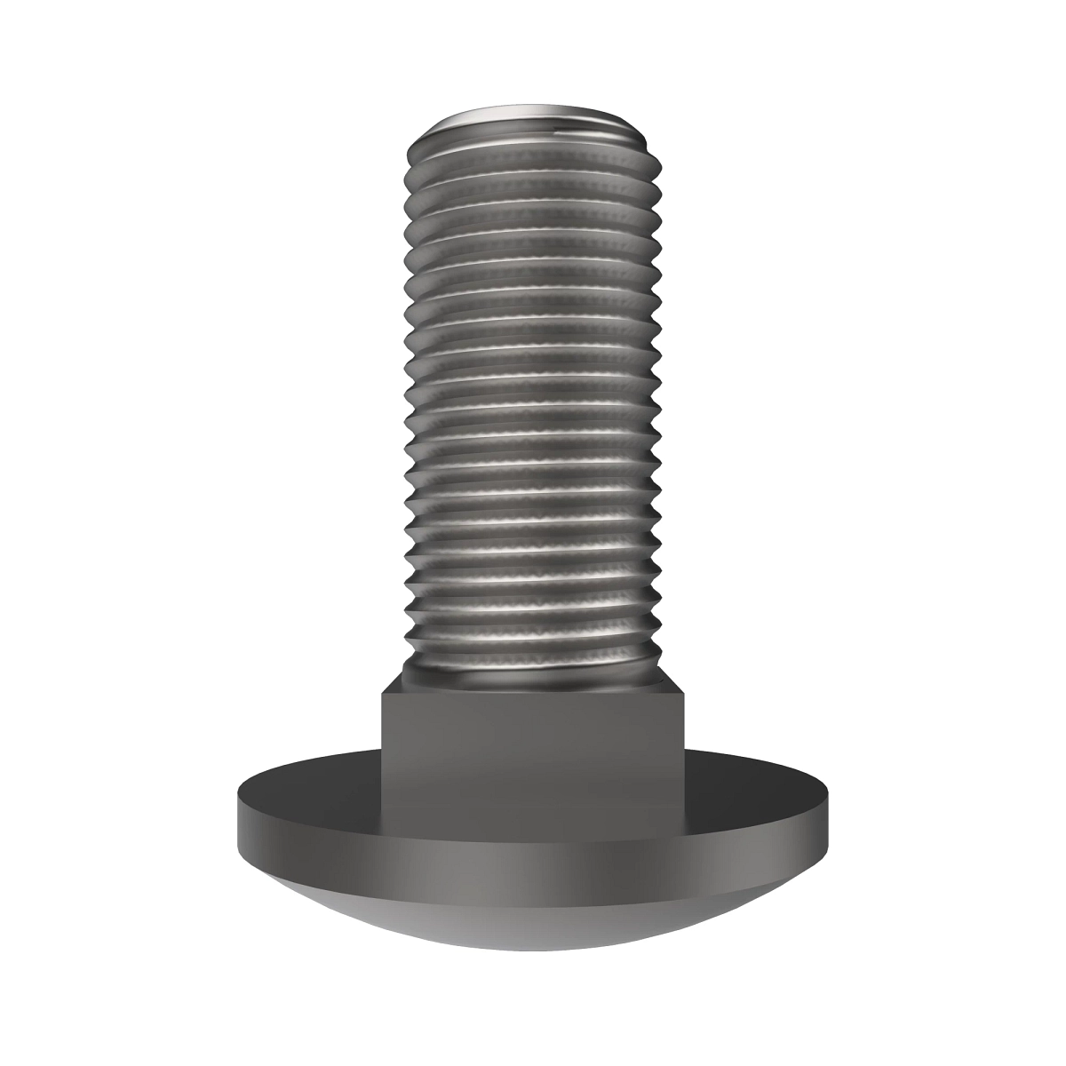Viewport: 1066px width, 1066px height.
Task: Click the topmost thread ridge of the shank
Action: point(533,151)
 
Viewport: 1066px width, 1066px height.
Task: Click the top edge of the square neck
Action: point(533,694)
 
